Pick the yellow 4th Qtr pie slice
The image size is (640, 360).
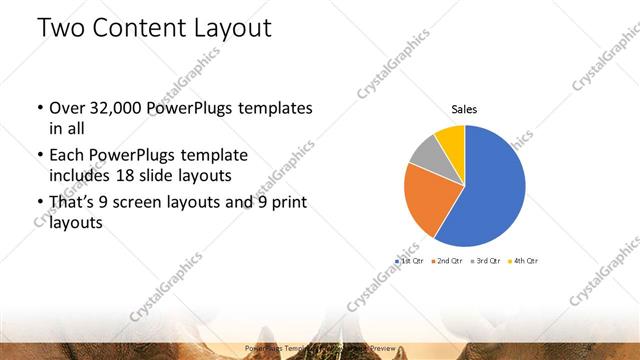click(451, 137)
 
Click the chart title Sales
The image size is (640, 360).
click(464, 108)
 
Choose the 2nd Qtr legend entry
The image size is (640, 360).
click(448, 260)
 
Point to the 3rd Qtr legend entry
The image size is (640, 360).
click(485, 260)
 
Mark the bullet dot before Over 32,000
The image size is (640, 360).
click(39, 108)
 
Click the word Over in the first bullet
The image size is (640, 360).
click(68, 107)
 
